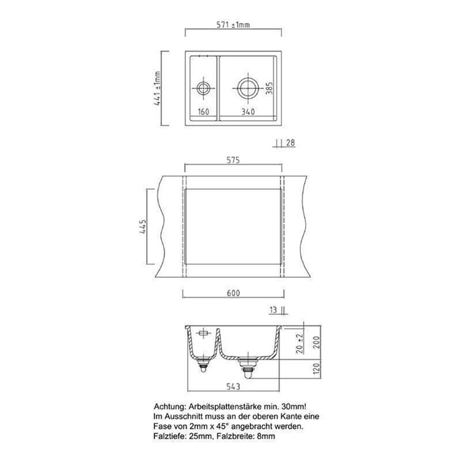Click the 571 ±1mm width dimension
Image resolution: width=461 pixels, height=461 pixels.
pos(233,25)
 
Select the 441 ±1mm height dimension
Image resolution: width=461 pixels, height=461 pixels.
pos(157,88)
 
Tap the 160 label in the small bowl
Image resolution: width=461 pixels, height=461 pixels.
pos(203,112)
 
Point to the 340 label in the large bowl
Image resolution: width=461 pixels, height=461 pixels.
pos(248,112)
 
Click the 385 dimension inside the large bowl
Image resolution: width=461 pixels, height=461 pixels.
pos(269,88)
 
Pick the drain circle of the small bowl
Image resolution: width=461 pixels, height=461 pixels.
pos(203,88)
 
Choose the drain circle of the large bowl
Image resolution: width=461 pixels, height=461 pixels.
pos(248,88)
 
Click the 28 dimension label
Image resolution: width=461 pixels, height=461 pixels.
pos(290,143)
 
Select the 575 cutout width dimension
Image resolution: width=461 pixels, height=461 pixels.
pos(233,160)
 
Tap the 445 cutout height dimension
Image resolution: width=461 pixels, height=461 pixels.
pos(142,226)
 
